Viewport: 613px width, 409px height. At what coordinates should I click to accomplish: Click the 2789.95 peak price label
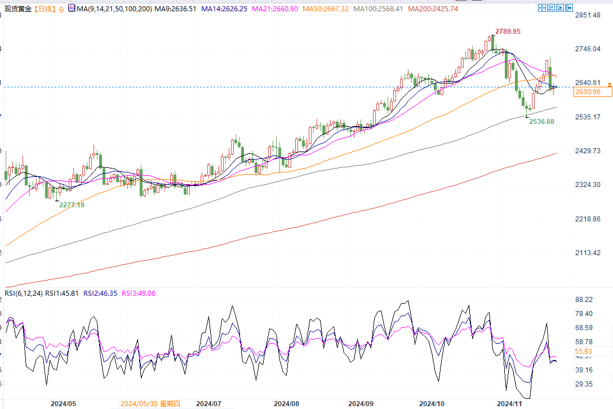point(508,31)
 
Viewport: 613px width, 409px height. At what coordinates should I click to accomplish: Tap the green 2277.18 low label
point(72,205)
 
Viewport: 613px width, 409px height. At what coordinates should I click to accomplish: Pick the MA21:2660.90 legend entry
point(272,9)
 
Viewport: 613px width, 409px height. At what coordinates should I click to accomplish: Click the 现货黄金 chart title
point(17,9)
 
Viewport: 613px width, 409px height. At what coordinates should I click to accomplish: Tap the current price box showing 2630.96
point(587,92)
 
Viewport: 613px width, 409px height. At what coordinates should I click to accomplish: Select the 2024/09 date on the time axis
point(361,404)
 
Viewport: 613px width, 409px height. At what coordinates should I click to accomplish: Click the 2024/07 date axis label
point(208,404)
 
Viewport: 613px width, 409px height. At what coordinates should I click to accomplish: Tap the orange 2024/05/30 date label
point(150,404)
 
